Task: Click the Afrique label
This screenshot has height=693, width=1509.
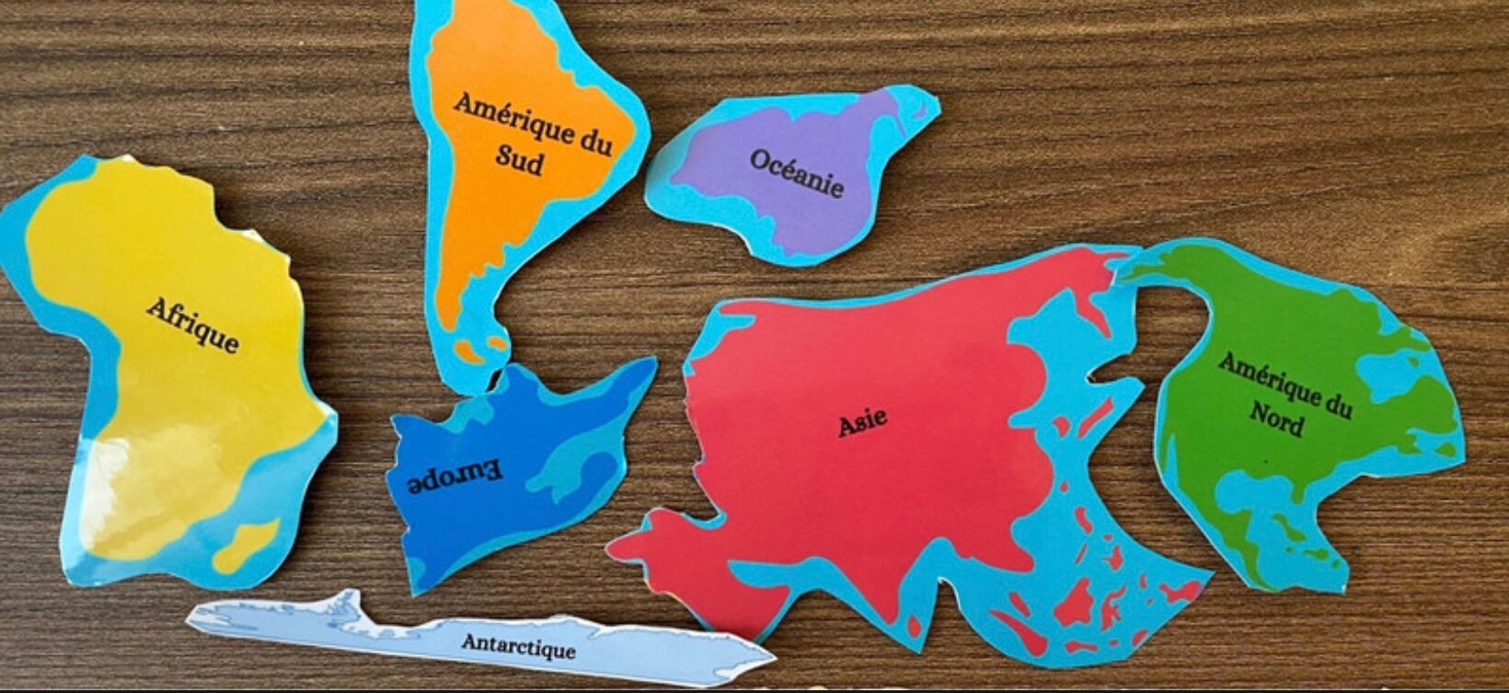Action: pos(192,325)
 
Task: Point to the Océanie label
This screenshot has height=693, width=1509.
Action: pos(797,173)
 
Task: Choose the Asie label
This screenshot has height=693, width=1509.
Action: pos(862,422)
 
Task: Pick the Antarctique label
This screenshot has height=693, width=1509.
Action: pos(518,644)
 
